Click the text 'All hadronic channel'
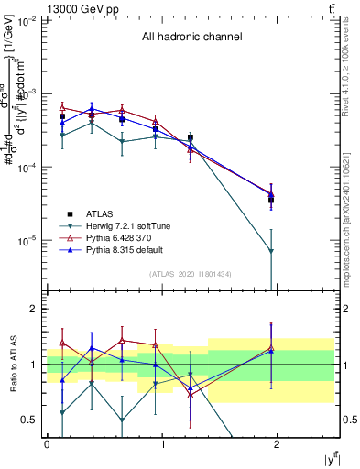(191, 38)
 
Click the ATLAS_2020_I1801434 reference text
(191, 275)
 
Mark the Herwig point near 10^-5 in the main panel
(271, 251)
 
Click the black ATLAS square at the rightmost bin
(271, 200)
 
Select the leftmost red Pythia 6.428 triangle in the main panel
(62, 107)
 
